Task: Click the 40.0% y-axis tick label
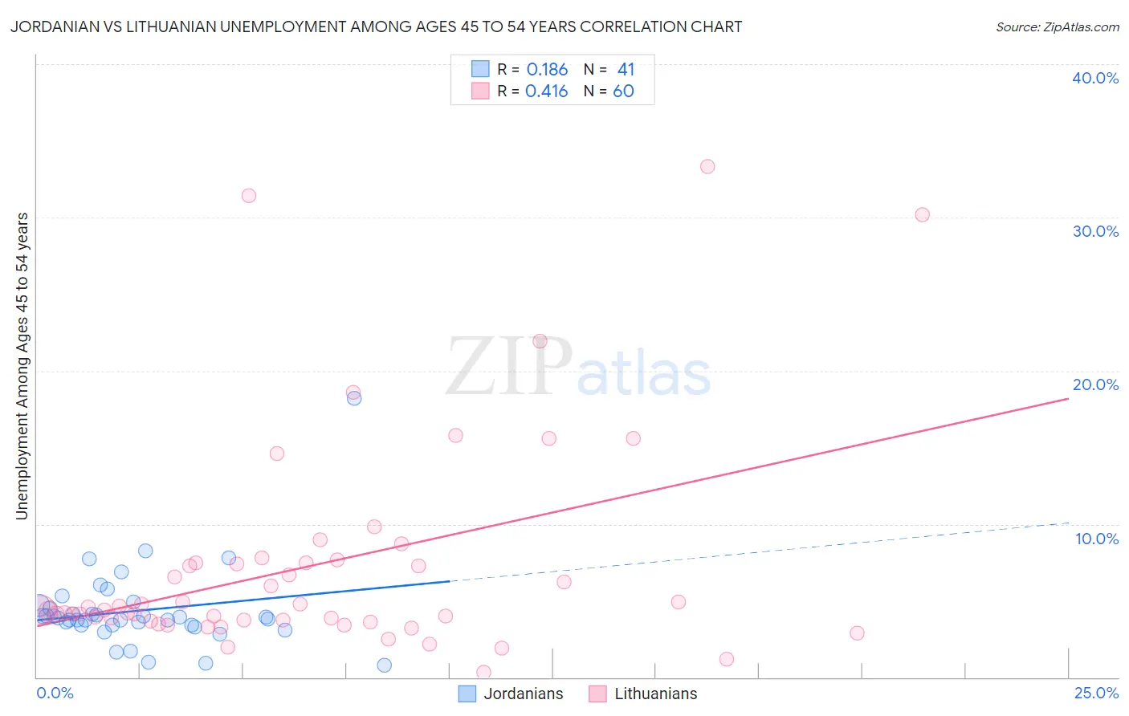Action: (1095, 78)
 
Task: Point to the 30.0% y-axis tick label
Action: (1095, 231)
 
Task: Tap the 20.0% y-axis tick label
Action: (1095, 384)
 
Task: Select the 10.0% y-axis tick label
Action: (1097, 539)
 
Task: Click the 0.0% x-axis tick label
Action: (55, 694)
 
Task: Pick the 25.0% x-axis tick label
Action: (1096, 694)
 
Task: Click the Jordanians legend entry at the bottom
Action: (511, 694)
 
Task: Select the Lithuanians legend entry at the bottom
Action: (642, 694)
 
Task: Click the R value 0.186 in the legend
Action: (547, 70)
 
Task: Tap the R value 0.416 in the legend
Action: (546, 92)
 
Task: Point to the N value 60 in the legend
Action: (623, 92)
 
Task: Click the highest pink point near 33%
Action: (707, 167)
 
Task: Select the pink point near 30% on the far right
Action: (923, 215)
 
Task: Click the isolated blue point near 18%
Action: (354, 398)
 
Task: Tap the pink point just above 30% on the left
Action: (249, 196)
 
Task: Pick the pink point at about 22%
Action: (540, 341)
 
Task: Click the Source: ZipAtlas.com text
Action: (1057, 27)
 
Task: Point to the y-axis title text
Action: (22, 366)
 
